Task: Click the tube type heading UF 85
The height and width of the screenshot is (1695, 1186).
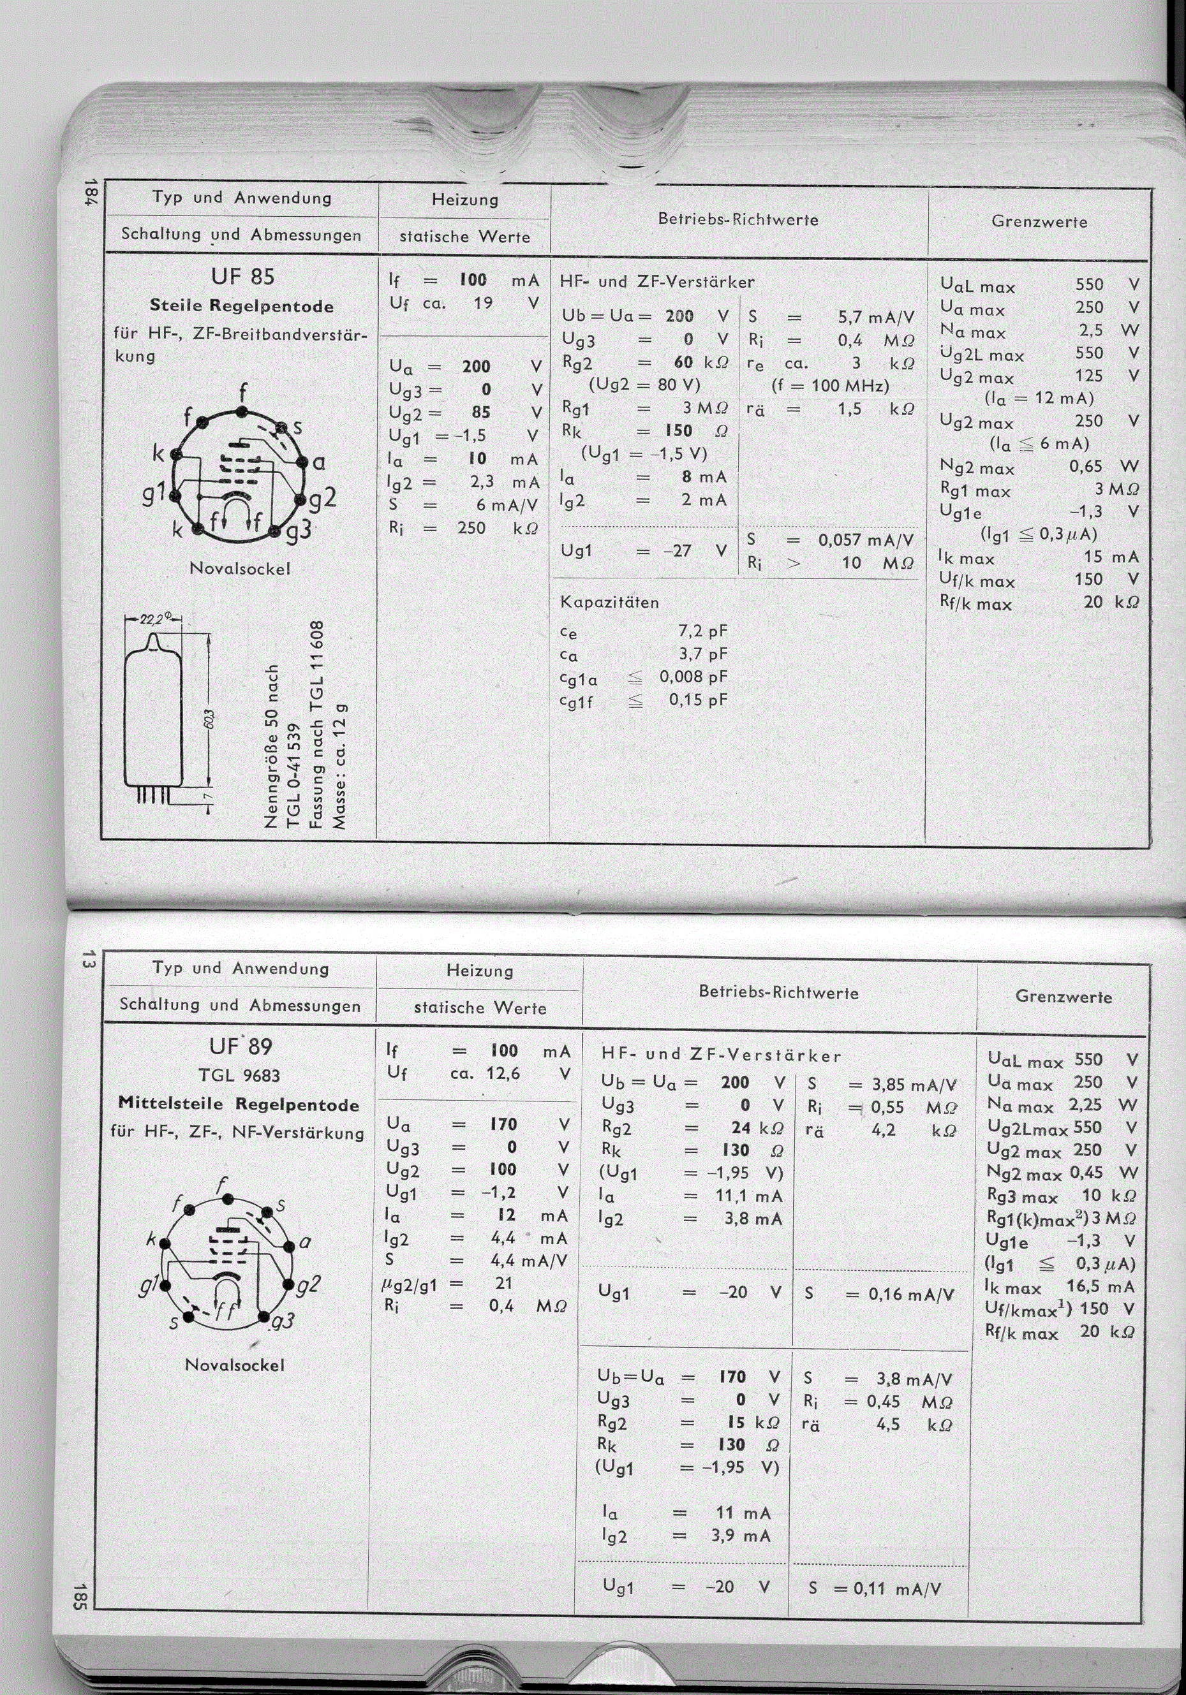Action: pos(242,277)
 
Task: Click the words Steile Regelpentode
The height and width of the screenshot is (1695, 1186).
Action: pos(242,305)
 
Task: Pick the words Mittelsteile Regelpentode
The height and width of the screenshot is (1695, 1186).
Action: pos(239,1104)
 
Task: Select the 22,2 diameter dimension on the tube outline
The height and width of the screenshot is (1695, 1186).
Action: pos(154,619)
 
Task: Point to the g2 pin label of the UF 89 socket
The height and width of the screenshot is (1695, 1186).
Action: pos(308,1285)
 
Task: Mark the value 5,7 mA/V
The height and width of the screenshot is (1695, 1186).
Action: pos(876,318)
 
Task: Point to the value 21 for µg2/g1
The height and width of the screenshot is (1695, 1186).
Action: pos(503,1283)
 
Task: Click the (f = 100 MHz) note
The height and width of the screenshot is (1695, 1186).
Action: pos(830,385)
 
